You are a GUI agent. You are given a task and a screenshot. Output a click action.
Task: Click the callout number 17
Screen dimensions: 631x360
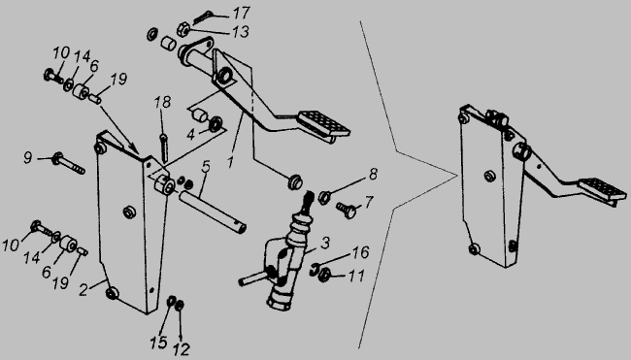[x=241, y=13]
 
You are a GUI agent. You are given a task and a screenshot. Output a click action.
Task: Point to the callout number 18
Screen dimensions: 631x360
[x=162, y=102]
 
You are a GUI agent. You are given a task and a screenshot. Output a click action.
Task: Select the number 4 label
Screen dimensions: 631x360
[x=190, y=135]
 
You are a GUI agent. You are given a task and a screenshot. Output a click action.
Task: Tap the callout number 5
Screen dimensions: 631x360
[x=206, y=167]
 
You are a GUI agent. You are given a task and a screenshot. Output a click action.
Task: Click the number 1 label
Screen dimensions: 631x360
[x=230, y=162]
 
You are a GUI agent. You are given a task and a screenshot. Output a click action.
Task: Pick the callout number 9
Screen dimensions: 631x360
[x=27, y=157]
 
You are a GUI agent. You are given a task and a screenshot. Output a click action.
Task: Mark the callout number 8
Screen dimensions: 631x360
[x=373, y=174]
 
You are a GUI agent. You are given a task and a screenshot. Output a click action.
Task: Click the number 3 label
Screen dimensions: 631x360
[x=325, y=243]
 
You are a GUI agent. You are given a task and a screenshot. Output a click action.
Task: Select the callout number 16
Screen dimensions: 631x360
[x=360, y=252]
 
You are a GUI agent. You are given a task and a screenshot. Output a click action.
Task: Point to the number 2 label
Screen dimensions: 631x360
[x=83, y=289]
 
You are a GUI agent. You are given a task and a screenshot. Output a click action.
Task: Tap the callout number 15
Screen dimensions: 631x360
[x=158, y=343]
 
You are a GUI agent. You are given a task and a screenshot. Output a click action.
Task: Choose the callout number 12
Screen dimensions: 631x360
[x=182, y=348]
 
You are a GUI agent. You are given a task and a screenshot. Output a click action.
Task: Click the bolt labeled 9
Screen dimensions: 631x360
[x=68, y=163]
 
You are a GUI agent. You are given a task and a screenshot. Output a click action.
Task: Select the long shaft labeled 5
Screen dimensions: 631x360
[x=212, y=212]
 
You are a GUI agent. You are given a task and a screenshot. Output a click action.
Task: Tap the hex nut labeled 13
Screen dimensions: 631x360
[x=183, y=29]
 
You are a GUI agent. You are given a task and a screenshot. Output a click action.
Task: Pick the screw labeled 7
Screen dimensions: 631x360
[x=347, y=210]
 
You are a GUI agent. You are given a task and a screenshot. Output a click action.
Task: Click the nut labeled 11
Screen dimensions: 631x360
[x=324, y=276]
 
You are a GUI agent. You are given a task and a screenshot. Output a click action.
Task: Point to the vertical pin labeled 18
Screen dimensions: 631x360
[x=163, y=148]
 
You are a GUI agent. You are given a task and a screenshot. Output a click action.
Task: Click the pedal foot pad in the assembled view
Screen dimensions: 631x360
[x=602, y=189]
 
